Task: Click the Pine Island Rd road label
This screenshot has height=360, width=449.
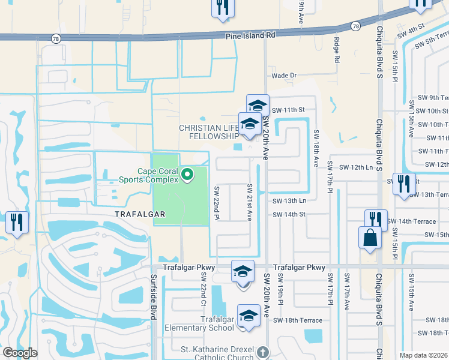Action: pos(250,35)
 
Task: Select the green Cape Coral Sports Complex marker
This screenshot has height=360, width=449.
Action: pos(187,175)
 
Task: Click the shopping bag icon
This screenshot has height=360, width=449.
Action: pos(369,237)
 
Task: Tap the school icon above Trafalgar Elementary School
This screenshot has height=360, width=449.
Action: pos(248,316)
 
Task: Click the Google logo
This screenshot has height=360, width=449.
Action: pos(20,353)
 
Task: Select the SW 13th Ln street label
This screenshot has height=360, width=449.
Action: pos(289,201)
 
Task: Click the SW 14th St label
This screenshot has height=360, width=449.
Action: pos(289,214)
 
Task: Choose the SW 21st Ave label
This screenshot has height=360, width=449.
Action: pos(249,202)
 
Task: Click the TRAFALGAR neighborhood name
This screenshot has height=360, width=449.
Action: pos(140,214)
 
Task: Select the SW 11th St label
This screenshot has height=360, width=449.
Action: pos(289,110)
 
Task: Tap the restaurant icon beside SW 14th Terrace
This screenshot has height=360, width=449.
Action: pos(375,219)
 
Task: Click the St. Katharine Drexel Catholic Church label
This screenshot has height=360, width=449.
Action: pos(217,349)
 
